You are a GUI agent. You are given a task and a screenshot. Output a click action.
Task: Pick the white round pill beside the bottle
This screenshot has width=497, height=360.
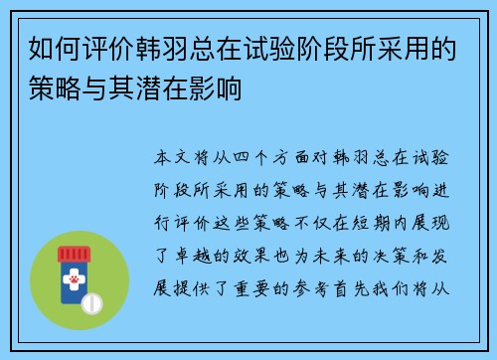[x=93, y=301]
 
